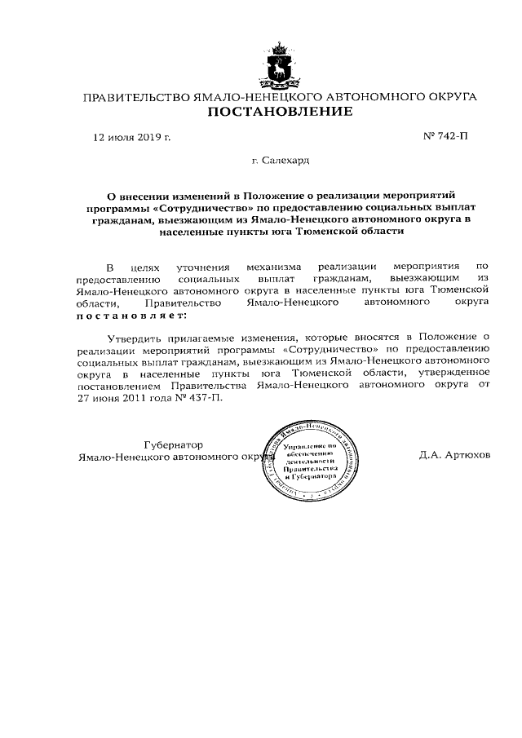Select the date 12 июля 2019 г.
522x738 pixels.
[130, 138]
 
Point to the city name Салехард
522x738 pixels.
[281, 161]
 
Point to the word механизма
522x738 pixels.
[280, 266]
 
